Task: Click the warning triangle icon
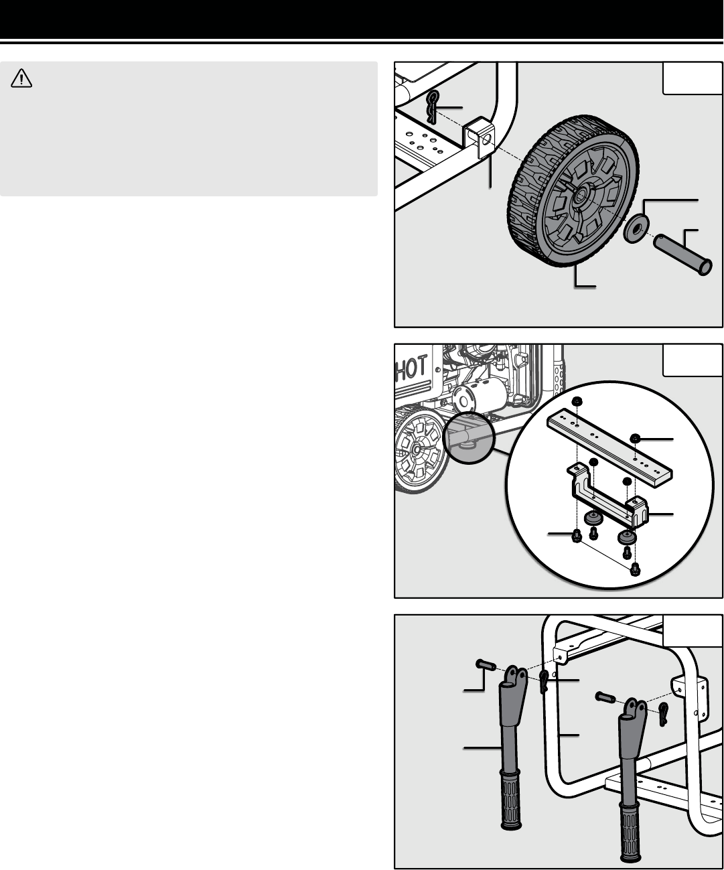tap(21, 78)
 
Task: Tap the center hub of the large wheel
tap(580, 195)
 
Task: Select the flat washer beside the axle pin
tap(636, 228)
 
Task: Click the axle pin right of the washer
tap(682, 254)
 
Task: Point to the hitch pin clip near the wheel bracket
tap(433, 107)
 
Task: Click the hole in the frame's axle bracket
tap(486, 139)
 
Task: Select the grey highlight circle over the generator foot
tap(469, 437)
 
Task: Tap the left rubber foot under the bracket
tap(591, 518)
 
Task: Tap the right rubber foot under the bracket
tap(627, 536)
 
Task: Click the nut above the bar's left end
tap(577, 401)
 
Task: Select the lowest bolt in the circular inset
tap(635, 569)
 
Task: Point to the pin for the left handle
tap(486, 664)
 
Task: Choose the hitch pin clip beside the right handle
tap(664, 713)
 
